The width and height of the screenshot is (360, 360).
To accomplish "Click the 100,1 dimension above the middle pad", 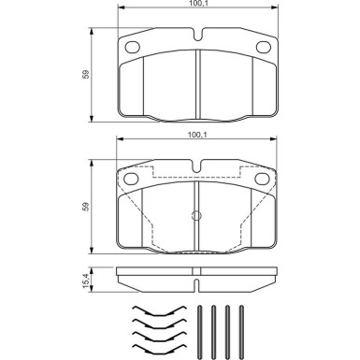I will [197, 137].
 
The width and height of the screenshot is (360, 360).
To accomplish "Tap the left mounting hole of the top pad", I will [133, 49].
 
